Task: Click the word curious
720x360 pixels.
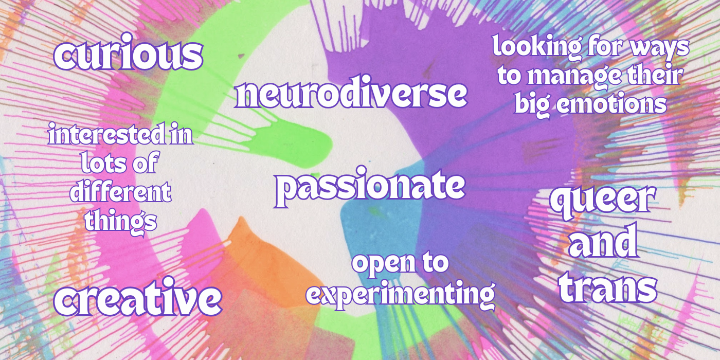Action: [128, 52]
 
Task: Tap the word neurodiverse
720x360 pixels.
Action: [351, 92]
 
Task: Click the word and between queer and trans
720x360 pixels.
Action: [603, 242]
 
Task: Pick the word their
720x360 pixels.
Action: [654, 75]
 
